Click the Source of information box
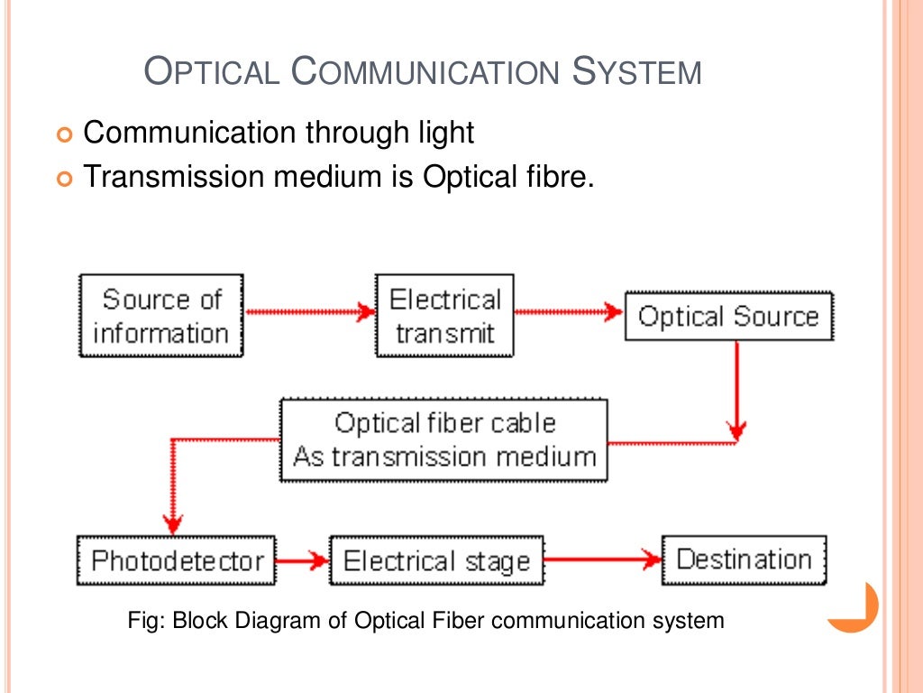pyautogui.click(x=160, y=316)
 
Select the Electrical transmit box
pyautogui.click(x=444, y=316)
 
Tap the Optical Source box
pyautogui.click(x=728, y=316)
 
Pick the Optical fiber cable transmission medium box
pyautogui.click(x=443, y=439)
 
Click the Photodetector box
pyautogui.click(x=176, y=560)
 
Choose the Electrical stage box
pyautogui.click(x=436, y=561)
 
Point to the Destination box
pyautogui.click(x=744, y=559)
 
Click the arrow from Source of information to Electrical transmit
pyautogui.click(x=309, y=312)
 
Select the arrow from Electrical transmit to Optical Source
pyautogui.click(x=569, y=312)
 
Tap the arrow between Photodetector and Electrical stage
pyautogui.click(x=303, y=560)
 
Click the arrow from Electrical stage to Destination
pyautogui.click(x=602, y=560)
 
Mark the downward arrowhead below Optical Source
pyautogui.click(x=737, y=428)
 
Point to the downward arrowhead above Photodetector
pyautogui.click(x=172, y=522)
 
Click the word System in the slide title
pyautogui.click(x=637, y=71)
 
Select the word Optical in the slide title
pyautogui.click(x=213, y=71)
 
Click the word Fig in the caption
pyautogui.click(x=145, y=621)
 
